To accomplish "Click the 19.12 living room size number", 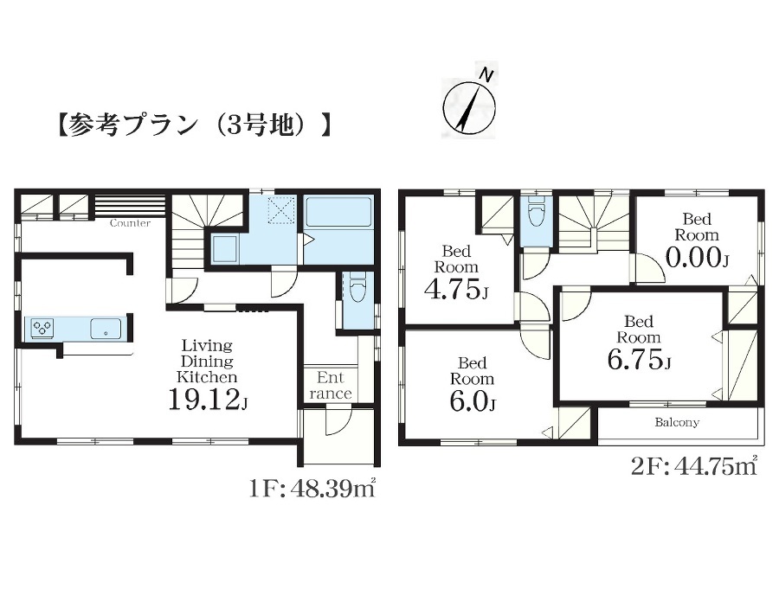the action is (x=208, y=399).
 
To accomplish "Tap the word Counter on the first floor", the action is (x=130, y=223).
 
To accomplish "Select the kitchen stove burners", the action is (x=42, y=328).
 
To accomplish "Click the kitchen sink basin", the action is (x=106, y=329).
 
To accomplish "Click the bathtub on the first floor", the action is (x=338, y=212).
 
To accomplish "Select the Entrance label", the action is (x=331, y=386).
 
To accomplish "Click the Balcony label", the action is (x=677, y=422).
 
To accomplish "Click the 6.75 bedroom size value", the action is (x=639, y=359).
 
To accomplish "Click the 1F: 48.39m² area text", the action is (x=311, y=489).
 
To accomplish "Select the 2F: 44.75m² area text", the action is (x=694, y=466).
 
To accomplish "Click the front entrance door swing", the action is (x=338, y=420).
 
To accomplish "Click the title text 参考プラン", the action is (x=132, y=125).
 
